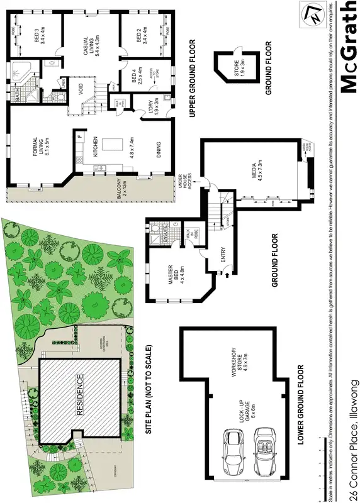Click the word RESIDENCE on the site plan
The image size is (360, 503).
(80, 396)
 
